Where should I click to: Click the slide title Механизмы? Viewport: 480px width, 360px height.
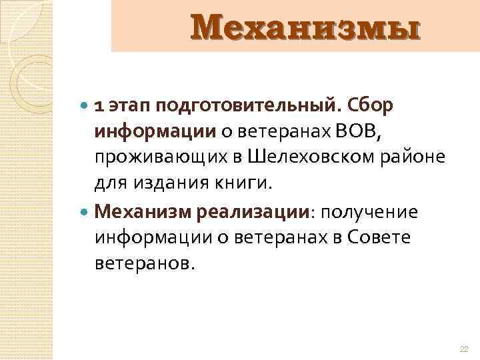306,28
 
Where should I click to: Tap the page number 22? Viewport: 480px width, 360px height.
465,349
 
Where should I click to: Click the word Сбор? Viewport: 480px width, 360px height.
370,106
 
